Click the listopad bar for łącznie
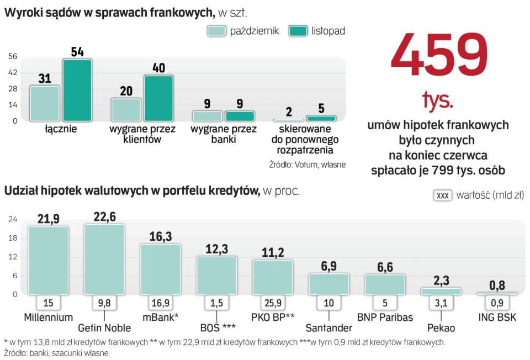coord(77,90)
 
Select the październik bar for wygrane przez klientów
coord(126,109)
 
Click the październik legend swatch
coord(216,31)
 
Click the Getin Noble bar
coord(104,259)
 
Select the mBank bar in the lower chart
coord(160,269)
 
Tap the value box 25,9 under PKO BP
coord(273,303)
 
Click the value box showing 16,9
coord(160,303)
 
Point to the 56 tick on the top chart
coord(13,56)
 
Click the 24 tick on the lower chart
coord(13,219)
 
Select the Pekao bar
coord(441,291)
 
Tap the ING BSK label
coord(497,317)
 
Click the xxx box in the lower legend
coord(443,195)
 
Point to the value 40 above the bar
coord(158,68)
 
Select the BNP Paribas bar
coord(385,284)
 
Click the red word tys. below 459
coord(438,100)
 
